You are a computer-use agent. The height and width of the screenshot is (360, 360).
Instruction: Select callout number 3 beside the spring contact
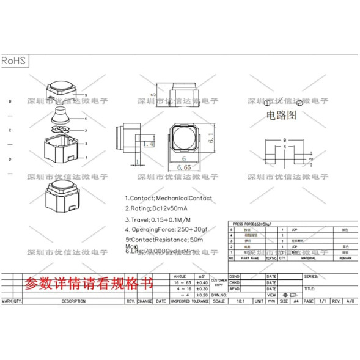pos(86,130)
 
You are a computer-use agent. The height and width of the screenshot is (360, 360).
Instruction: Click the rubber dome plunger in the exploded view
pos(61,114)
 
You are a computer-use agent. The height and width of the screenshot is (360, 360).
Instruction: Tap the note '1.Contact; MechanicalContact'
pos(169,198)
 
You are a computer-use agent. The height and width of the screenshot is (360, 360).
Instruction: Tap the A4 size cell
pos(295,301)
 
